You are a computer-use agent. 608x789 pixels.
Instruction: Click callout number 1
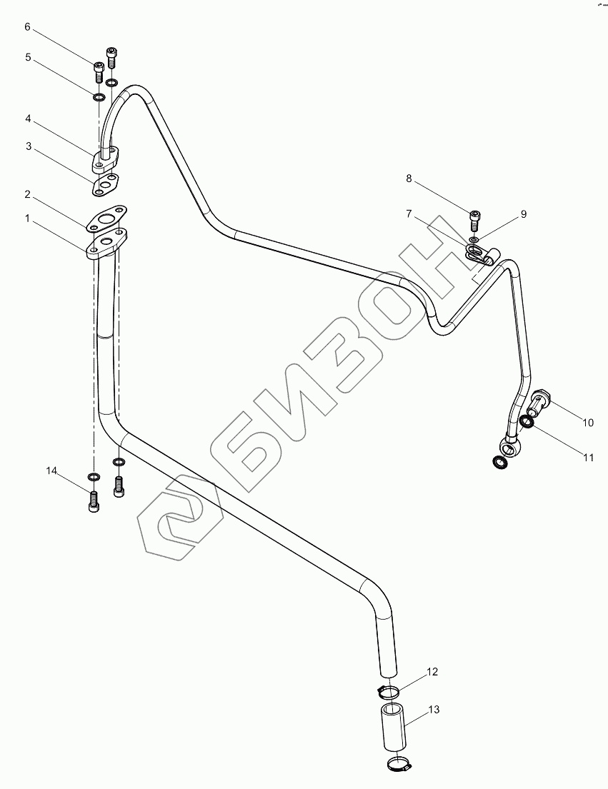click(28, 219)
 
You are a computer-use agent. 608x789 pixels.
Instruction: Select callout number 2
click(28, 194)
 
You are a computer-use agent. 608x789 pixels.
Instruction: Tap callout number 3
click(28, 146)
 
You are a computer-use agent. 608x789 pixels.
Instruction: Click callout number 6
click(28, 27)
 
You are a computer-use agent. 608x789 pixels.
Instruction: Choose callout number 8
click(409, 179)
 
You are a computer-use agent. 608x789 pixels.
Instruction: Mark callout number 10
click(587, 423)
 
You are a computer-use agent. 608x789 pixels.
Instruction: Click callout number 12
click(433, 671)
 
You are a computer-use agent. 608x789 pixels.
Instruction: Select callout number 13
click(434, 710)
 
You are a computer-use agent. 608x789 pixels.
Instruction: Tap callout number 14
click(51, 471)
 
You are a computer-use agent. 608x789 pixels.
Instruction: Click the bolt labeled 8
click(476, 216)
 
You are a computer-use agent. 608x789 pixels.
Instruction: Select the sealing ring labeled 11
click(527, 423)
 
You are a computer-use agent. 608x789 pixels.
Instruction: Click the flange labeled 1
click(107, 243)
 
